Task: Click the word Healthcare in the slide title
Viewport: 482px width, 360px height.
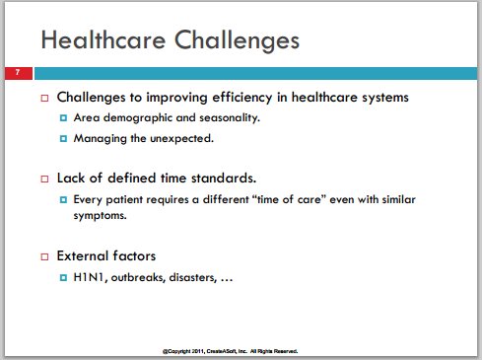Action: [x=103, y=40]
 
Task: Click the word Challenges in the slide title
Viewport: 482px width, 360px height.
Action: [x=237, y=41]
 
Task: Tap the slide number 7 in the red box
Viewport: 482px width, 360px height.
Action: [x=18, y=72]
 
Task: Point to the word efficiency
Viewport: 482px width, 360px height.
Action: [x=242, y=98]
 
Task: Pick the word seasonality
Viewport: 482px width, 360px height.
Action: [x=230, y=118]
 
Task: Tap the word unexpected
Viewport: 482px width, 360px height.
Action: [x=181, y=139]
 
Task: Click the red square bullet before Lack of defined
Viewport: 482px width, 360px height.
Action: [x=44, y=179]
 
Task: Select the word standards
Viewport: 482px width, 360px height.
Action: [x=224, y=179]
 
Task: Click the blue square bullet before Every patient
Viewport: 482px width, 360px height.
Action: [x=63, y=199]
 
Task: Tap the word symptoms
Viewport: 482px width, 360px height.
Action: [x=100, y=216]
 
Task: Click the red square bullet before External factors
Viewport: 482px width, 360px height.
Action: [x=44, y=256]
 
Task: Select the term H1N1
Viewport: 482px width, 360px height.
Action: [x=90, y=277]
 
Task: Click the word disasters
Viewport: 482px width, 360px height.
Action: [x=193, y=277]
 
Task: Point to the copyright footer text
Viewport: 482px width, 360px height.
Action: [x=230, y=351]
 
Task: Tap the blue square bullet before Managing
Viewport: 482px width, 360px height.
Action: [x=63, y=138]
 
